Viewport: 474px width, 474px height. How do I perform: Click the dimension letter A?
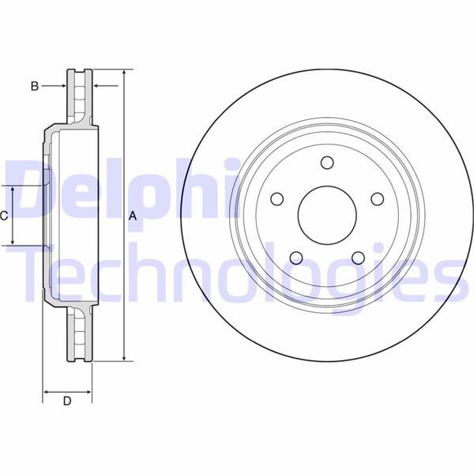133,216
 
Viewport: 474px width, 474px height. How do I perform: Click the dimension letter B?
35,86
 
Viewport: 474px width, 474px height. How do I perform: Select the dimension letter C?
5,216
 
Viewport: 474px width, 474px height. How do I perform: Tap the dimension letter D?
67,401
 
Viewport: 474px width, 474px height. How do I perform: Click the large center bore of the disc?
327,216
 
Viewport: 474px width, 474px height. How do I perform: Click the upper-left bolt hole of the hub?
276,198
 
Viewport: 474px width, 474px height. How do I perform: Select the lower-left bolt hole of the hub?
295,258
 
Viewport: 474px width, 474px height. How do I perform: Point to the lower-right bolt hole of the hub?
358,258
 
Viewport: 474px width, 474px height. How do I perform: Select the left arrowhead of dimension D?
46,391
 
